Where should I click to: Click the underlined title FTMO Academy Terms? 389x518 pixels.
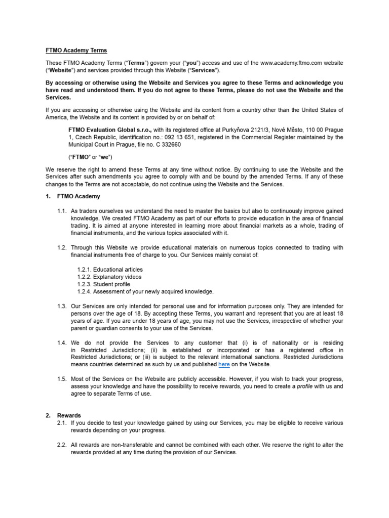pyautogui.click(x=73, y=50)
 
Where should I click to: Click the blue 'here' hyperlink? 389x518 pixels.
pyautogui.click(x=224, y=364)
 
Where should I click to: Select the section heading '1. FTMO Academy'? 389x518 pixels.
pyautogui.click(x=73, y=196)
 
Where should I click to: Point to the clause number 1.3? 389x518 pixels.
pyautogui.click(x=62, y=306)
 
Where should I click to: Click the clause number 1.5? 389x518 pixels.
pyautogui.click(x=62, y=379)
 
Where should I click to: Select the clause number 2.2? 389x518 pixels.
pyautogui.click(x=62, y=445)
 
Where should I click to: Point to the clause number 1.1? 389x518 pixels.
pyautogui.click(x=62, y=211)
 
